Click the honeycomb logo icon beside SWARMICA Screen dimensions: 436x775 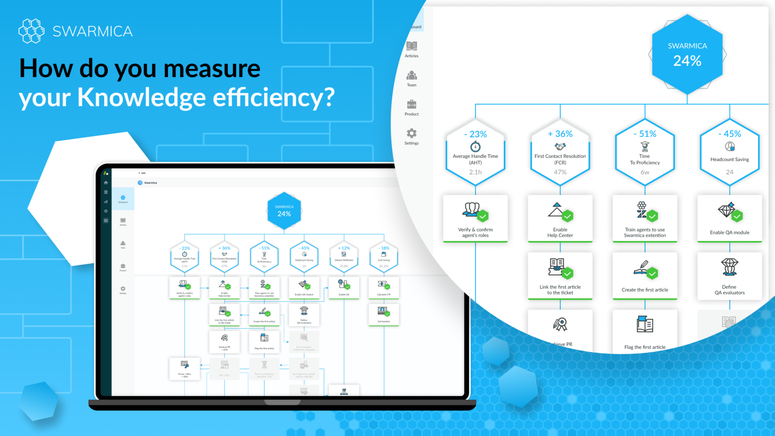tap(31, 31)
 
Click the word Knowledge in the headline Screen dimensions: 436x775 tap(141, 97)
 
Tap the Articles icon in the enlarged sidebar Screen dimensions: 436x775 tap(411, 46)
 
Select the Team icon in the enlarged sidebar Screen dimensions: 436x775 tap(411, 75)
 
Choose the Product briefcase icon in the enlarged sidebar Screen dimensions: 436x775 tap(411, 104)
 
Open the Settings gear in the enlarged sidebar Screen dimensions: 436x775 tap(411, 133)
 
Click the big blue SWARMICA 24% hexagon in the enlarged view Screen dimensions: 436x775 tap(687, 55)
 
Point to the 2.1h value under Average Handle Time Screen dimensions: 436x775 tap(475, 172)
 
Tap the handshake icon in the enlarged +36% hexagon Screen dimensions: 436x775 tap(560, 147)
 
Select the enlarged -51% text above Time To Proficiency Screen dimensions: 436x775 tap(645, 134)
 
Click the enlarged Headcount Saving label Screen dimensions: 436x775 tap(729, 160)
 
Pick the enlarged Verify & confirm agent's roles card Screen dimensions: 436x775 tap(475, 218)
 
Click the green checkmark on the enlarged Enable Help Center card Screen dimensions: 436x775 tap(567, 216)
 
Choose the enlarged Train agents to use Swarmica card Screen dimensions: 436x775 tap(645, 218)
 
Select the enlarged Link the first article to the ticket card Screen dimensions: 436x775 tap(560, 275)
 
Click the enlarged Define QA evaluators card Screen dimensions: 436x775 tap(729, 275)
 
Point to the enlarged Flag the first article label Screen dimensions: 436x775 tap(645, 347)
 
